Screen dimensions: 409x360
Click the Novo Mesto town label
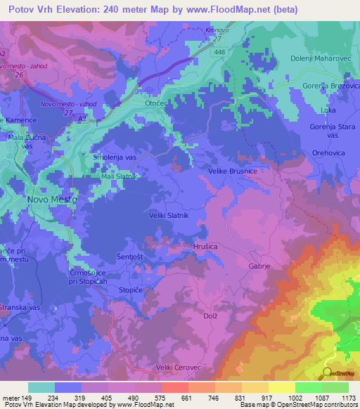click(x=51, y=200)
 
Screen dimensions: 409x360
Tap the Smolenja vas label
click(x=115, y=158)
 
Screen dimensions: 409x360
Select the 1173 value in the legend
click(x=345, y=397)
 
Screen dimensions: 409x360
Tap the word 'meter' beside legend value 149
click(x=12, y=397)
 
